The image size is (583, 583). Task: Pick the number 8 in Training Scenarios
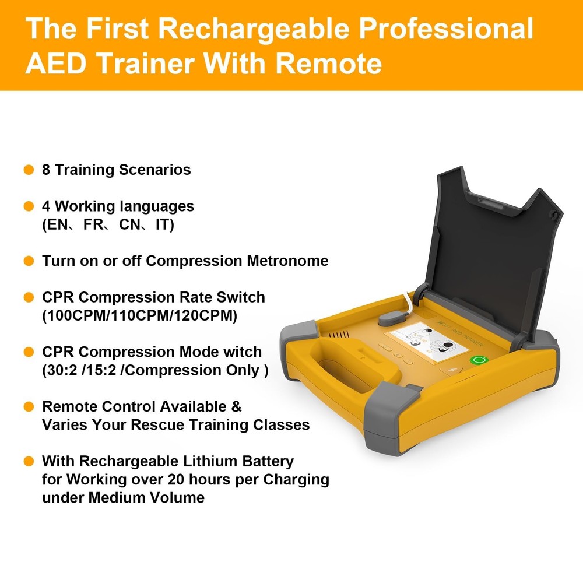point(46,170)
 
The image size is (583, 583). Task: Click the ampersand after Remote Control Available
point(236,406)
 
